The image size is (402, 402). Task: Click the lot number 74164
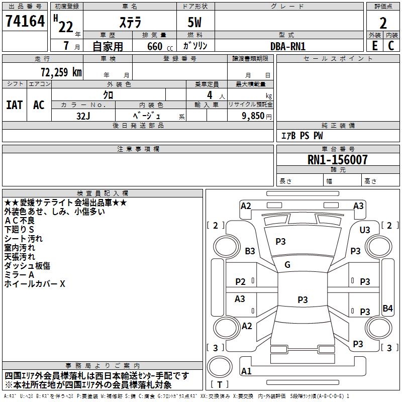pos(25,21)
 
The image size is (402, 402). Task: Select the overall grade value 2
pos(383,23)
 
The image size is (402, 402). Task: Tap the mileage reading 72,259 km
pos(61,72)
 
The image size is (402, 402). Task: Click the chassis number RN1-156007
pos(337,160)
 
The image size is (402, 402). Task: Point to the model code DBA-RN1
pos(288,46)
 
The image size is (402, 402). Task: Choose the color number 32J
pos(83,116)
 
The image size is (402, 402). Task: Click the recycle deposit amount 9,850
pos(253,116)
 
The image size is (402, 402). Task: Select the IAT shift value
pos(15,105)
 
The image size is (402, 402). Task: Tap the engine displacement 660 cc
pos(160,47)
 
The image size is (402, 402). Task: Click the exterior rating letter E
pos(375,46)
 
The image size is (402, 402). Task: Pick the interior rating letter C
pos(391,46)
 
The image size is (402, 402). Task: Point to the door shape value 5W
pos(194,22)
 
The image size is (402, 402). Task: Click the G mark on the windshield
pos(287,265)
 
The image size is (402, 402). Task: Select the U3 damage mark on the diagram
pos(365,230)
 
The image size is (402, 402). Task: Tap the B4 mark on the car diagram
pos(387,308)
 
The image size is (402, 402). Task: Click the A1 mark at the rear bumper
pos(246,371)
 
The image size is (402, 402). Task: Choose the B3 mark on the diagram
pos(250,251)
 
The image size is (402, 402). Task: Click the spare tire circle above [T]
pos(220,367)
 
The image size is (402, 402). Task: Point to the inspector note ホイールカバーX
pos(35,284)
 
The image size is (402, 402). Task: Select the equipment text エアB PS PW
pos(303,136)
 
